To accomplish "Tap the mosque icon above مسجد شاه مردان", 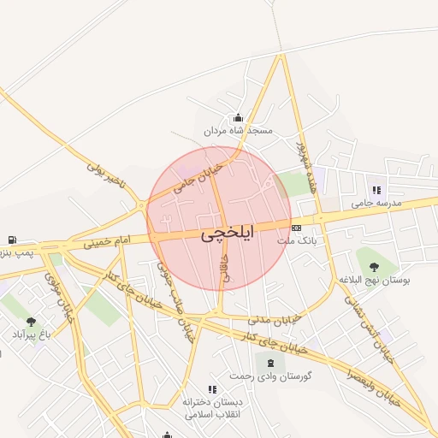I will click(237, 118).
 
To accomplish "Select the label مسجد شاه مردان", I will click(238, 132).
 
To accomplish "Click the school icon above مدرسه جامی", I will click(376, 190).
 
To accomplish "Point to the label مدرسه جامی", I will click(376, 204).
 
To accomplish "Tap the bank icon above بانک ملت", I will click(297, 228).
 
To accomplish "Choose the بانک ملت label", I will click(297, 241).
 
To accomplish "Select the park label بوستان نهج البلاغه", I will click(374, 280).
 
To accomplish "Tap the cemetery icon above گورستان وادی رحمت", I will click(259, 363).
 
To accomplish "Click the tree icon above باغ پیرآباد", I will click(32, 322).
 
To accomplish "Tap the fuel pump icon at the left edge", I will click(11, 240).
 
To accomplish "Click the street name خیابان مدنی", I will click(275, 318).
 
